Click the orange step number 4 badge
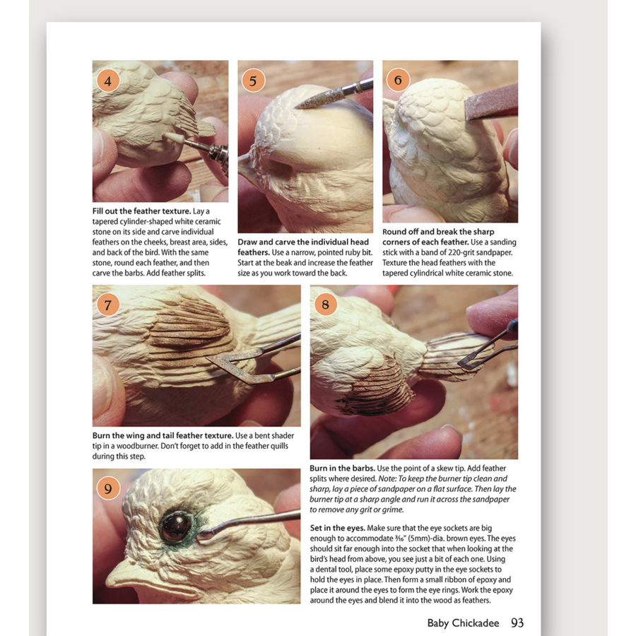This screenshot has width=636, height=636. (108, 81)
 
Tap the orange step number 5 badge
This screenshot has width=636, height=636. (253, 81)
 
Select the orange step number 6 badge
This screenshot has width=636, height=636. (398, 80)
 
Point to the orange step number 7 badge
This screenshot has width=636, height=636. (108, 304)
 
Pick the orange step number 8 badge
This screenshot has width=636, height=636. (325, 304)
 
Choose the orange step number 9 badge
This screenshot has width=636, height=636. (108, 488)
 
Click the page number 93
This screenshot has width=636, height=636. (517, 623)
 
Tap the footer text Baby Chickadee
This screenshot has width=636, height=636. (463, 623)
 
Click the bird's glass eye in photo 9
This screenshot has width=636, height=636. (176, 526)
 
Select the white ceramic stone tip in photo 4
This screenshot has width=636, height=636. (174, 138)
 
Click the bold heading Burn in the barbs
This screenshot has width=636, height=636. (342, 468)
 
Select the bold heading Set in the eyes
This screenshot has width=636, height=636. (338, 528)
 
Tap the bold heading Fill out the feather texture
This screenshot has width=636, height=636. (141, 211)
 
